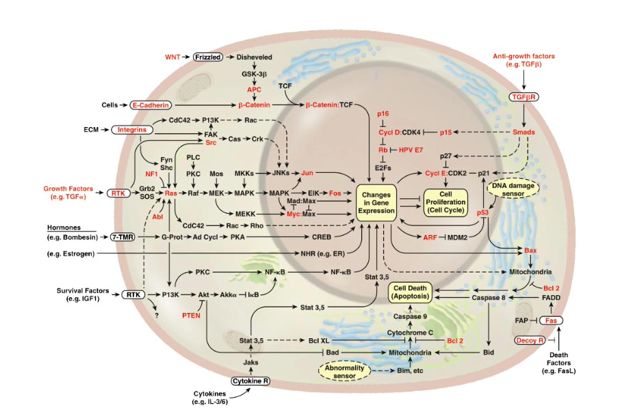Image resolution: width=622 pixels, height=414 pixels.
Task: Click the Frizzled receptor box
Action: click(x=207, y=57)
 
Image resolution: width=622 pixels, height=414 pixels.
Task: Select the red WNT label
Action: click(x=172, y=57)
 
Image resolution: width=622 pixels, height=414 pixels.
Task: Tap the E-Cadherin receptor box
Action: click(x=151, y=105)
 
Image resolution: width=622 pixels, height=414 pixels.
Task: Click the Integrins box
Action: click(x=131, y=130)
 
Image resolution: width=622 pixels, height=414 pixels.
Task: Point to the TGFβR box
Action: click(x=523, y=97)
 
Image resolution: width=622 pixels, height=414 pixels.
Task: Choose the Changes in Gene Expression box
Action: click(x=376, y=203)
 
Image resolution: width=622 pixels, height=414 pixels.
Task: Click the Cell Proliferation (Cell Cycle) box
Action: click(x=445, y=202)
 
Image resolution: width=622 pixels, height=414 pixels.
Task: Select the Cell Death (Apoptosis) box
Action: click(x=410, y=292)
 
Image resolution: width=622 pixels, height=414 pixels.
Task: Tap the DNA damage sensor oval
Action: click(x=513, y=189)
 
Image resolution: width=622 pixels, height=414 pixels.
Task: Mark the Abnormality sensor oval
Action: click(x=344, y=372)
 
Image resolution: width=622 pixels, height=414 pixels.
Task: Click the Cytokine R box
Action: click(x=250, y=381)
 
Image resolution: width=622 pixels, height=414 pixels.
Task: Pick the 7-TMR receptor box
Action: click(x=122, y=237)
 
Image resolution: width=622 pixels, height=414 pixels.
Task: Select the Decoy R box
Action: click(x=530, y=340)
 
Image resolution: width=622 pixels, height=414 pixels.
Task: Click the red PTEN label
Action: click(x=191, y=316)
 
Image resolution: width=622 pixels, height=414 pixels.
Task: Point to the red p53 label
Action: click(x=482, y=212)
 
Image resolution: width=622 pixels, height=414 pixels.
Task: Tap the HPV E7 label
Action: click(x=411, y=150)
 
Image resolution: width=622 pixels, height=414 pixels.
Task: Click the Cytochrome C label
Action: click(x=410, y=333)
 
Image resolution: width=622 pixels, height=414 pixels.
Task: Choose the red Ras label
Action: click(x=171, y=193)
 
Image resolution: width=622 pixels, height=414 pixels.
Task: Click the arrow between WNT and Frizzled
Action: click(x=186, y=57)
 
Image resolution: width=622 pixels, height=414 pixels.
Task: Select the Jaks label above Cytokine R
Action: click(x=250, y=362)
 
